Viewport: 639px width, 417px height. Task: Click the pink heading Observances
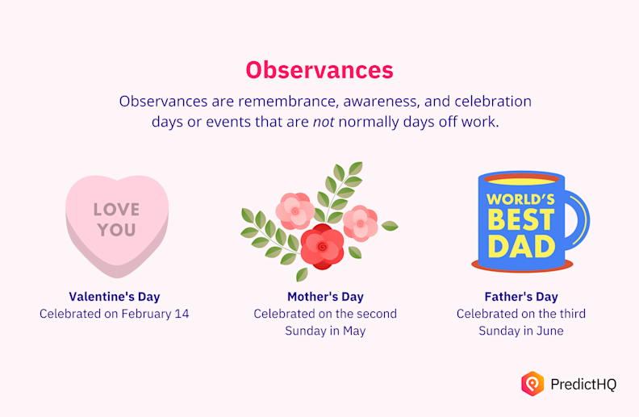pos(319,69)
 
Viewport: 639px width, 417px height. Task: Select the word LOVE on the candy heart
pos(116,210)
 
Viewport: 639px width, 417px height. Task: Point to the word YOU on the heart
pos(117,230)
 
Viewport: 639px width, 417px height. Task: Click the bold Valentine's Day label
pos(115,296)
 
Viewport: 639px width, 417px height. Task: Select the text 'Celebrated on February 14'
pos(115,313)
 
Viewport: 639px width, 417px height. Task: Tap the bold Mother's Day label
pos(325,296)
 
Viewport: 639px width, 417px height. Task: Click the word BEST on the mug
pos(520,219)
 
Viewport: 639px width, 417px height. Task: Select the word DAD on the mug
pos(520,244)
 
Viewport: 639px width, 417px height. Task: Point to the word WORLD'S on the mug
pos(520,198)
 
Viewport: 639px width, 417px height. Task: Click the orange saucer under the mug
pos(522,266)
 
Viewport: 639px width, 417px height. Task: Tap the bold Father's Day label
pos(521,296)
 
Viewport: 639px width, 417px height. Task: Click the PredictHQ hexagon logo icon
pos(532,383)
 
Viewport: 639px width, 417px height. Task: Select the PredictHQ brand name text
pos(583,385)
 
